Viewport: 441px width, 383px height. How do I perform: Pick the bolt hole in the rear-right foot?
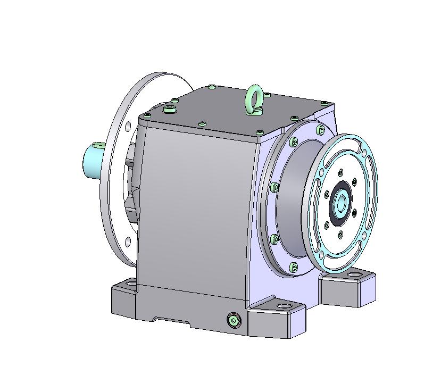tap(354, 276)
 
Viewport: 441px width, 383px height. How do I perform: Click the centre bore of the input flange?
tap(340, 202)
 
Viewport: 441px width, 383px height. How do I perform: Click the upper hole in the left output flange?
tap(128, 127)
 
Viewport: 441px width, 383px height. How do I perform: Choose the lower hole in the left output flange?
tap(128, 242)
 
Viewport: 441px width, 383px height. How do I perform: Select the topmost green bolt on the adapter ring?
tap(319, 129)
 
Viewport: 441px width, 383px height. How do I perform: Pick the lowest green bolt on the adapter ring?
tap(294, 266)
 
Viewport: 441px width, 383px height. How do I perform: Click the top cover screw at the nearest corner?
tap(260, 132)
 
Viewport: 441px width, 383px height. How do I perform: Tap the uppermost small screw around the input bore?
tap(340, 172)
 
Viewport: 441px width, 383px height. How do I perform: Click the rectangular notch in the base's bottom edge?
tap(171, 320)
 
